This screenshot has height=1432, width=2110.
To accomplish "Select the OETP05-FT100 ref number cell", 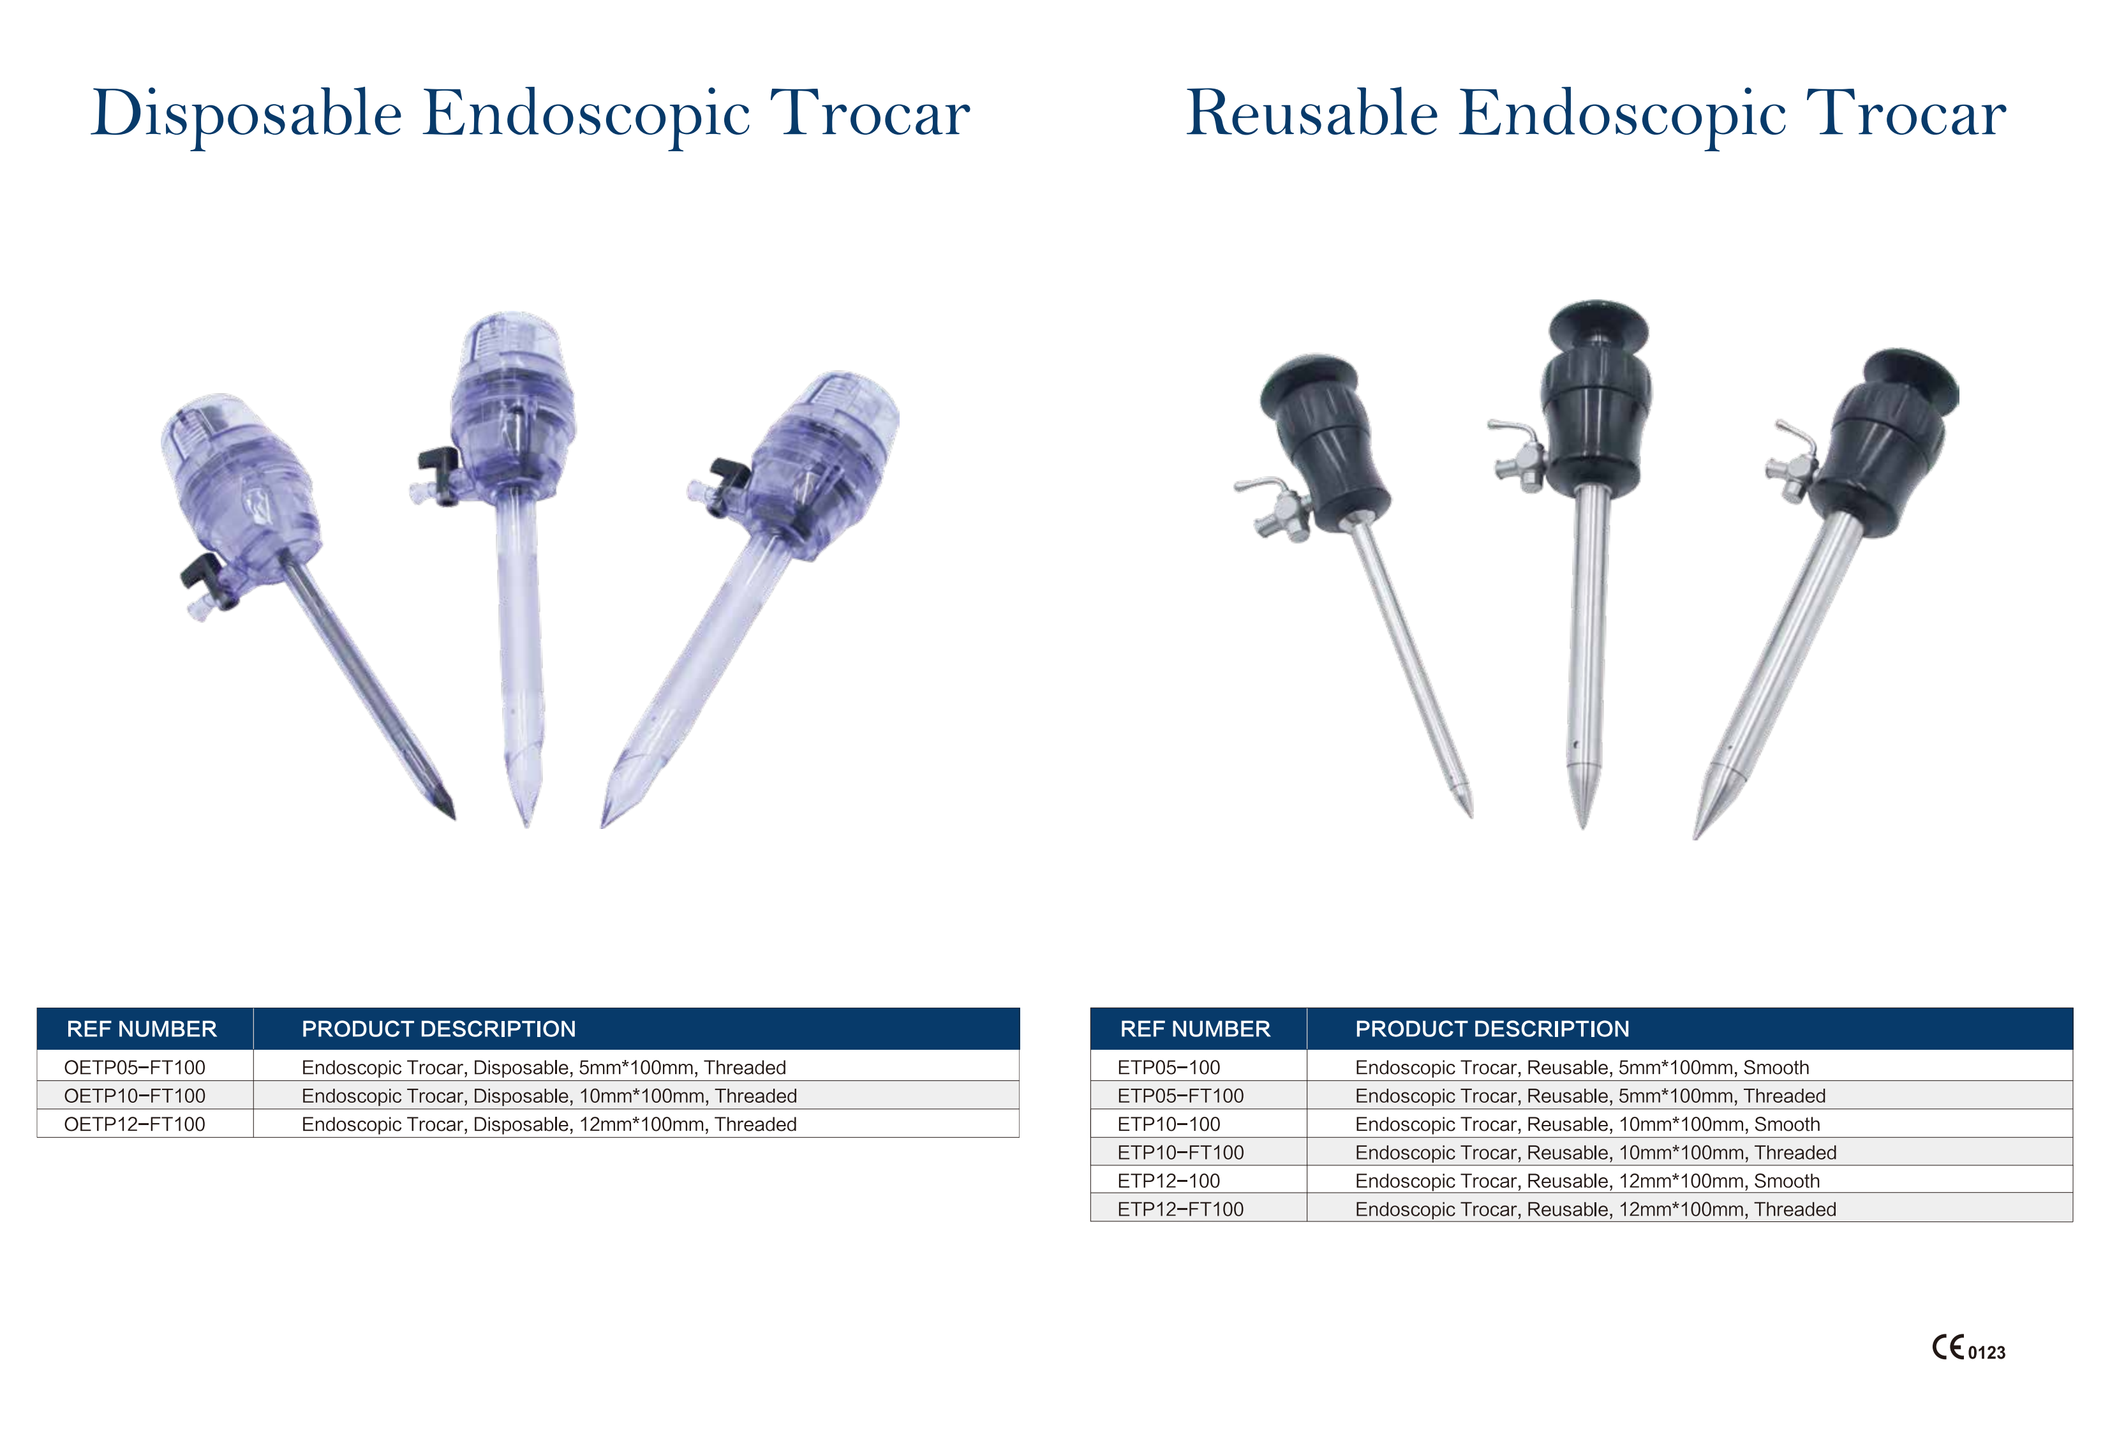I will [x=135, y=1068].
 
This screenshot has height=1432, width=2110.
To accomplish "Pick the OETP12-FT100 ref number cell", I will [x=135, y=1124].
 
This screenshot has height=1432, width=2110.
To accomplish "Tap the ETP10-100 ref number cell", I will [x=1168, y=1124].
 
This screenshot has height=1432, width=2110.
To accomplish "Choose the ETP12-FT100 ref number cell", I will [x=1180, y=1209].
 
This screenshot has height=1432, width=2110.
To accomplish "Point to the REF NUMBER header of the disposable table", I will [x=142, y=1029].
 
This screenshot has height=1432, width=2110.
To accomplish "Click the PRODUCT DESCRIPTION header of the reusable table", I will [x=1492, y=1029].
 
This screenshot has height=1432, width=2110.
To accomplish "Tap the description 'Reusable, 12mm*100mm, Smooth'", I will [x=1587, y=1181].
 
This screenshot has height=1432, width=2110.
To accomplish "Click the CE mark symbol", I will [x=1947, y=1348].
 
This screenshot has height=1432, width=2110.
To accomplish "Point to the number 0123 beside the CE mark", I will [x=1986, y=1353].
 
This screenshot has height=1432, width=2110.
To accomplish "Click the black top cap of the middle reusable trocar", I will [x=1598, y=322].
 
